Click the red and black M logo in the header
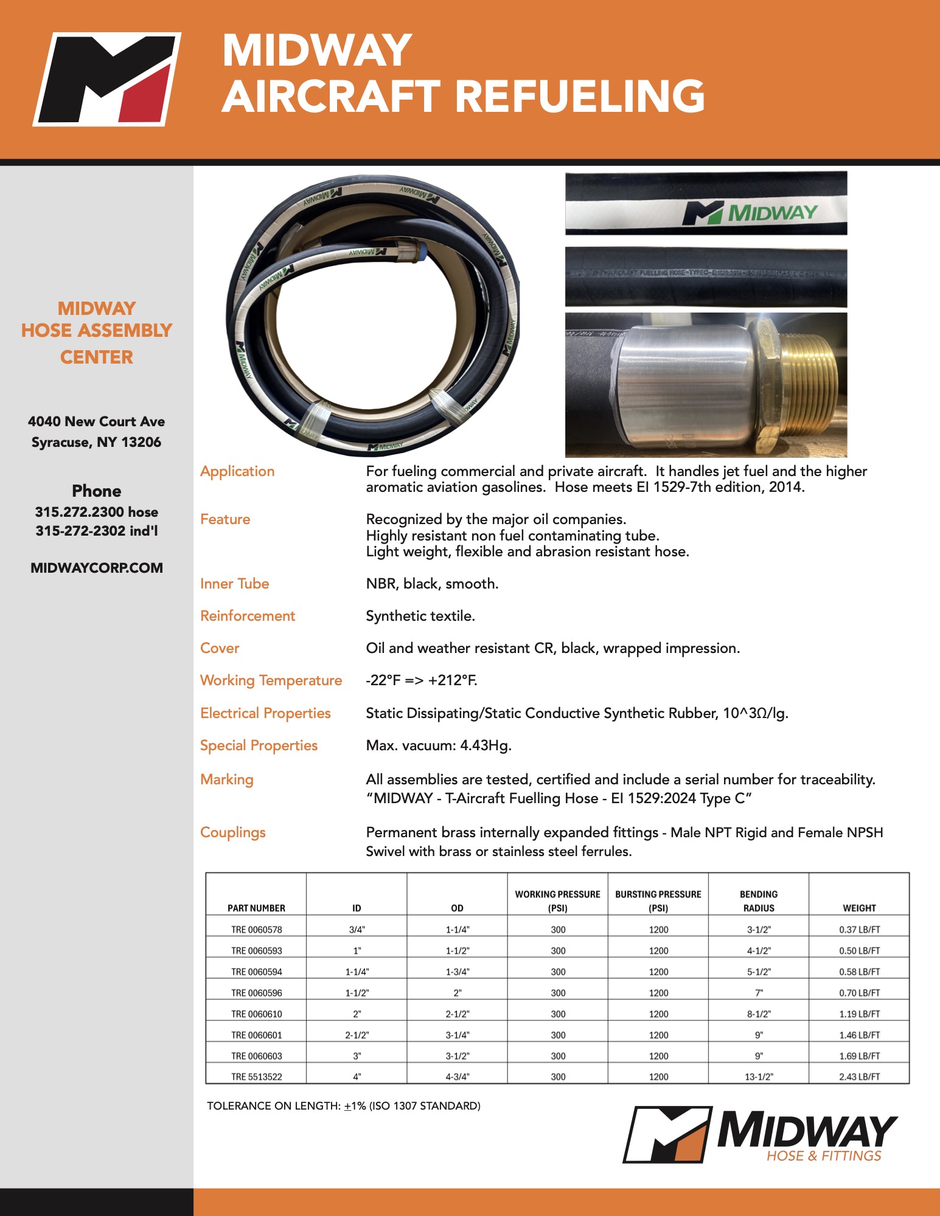[x=107, y=79]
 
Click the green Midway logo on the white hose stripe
[x=750, y=213]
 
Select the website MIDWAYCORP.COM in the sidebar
[x=97, y=568]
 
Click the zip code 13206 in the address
[x=141, y=442]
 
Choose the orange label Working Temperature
[x=271, y=680]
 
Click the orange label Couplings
[x=233, y=832]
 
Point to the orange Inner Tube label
[x=235, y=584]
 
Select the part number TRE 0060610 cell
[x=256, y=1014]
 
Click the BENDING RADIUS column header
[x=759, y=901]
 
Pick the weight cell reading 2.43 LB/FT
[x=859, y=1077]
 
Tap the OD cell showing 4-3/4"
[x=458, y=1077]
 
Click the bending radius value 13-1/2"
[x=759, y=1077]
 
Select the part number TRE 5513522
[x=256, y=1077]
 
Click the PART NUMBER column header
[x=256, y=908]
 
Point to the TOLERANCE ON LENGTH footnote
[x=344, y=1106]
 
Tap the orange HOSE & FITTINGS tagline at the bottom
[x=824, y=1156]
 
